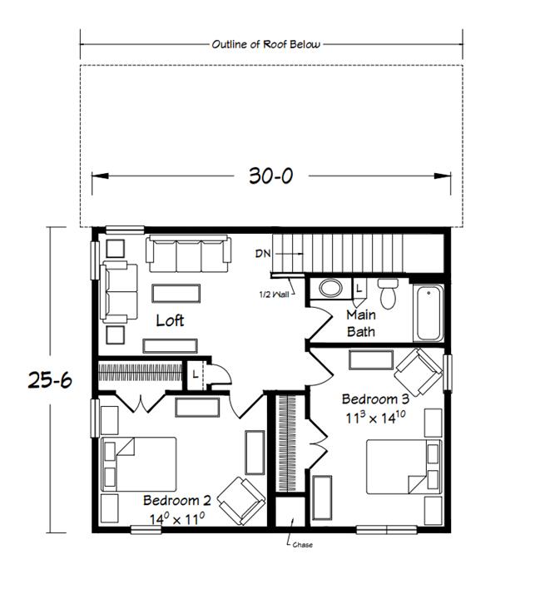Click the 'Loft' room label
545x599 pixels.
[170, 320]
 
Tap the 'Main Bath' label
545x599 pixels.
[361, 323]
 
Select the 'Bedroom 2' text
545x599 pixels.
[177, 501]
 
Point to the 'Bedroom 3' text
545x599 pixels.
[375, 399]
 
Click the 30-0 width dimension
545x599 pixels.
[271, 176]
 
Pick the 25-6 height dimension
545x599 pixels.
[50, 380]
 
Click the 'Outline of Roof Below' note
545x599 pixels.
[266, 44]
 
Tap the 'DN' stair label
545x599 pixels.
[263, 253]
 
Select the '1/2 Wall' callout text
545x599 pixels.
[274, 295]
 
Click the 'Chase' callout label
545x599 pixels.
[302, 545]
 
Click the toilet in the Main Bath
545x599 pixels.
[388, 294]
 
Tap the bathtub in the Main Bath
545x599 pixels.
[429, 313]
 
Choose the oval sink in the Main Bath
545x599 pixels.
[330, 288]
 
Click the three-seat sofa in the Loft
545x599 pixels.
[188, 254]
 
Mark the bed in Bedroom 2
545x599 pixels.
[138, 464]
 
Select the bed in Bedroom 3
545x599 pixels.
[404, 467]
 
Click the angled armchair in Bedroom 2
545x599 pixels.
[241, 501]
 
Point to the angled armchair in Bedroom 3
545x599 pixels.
[419, 372]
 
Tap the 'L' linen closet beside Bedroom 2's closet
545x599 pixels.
[195, 374]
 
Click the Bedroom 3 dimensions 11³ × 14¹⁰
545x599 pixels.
[376, 417]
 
